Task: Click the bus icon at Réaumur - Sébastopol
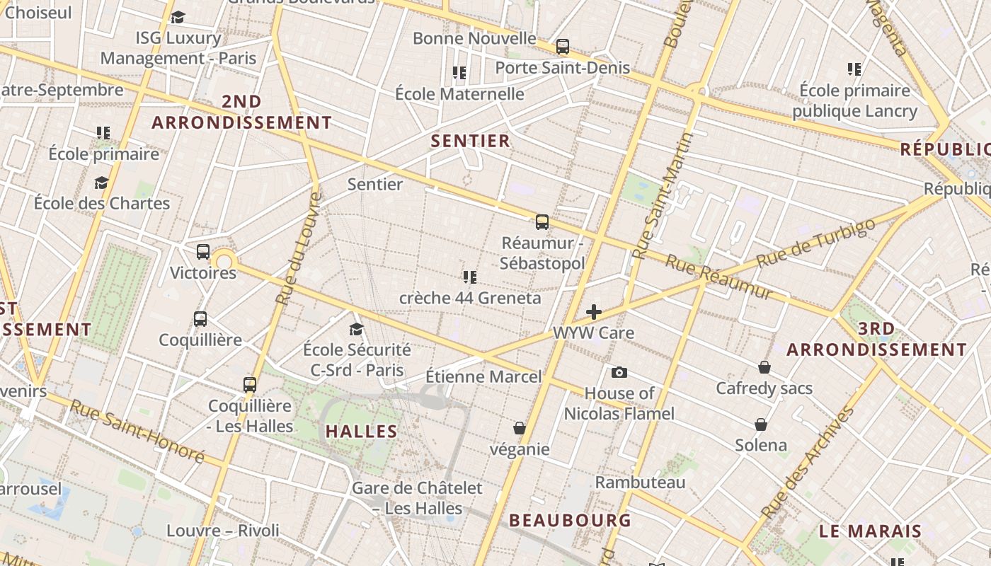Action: pos(542,222)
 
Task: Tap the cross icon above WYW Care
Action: pos(594,312)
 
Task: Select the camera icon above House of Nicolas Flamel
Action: pos(619,373)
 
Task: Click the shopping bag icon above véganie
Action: pos(520,428)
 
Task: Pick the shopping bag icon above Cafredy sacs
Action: pos(764,367)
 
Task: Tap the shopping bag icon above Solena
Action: pos(761,424)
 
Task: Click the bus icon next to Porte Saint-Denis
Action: pos(563,47)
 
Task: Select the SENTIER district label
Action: pos(471,141)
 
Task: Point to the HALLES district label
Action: pos(362,431)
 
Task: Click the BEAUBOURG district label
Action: pos(570,520)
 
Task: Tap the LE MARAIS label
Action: pos(871,531)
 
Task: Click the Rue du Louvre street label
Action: pos(297,248)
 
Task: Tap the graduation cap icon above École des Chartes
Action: pos(102,183)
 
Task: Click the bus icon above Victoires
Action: pos(203,252)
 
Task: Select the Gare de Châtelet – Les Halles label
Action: pos(407,498)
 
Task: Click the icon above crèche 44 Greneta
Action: pos(470,277)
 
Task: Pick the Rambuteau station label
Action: pos(640,483)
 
